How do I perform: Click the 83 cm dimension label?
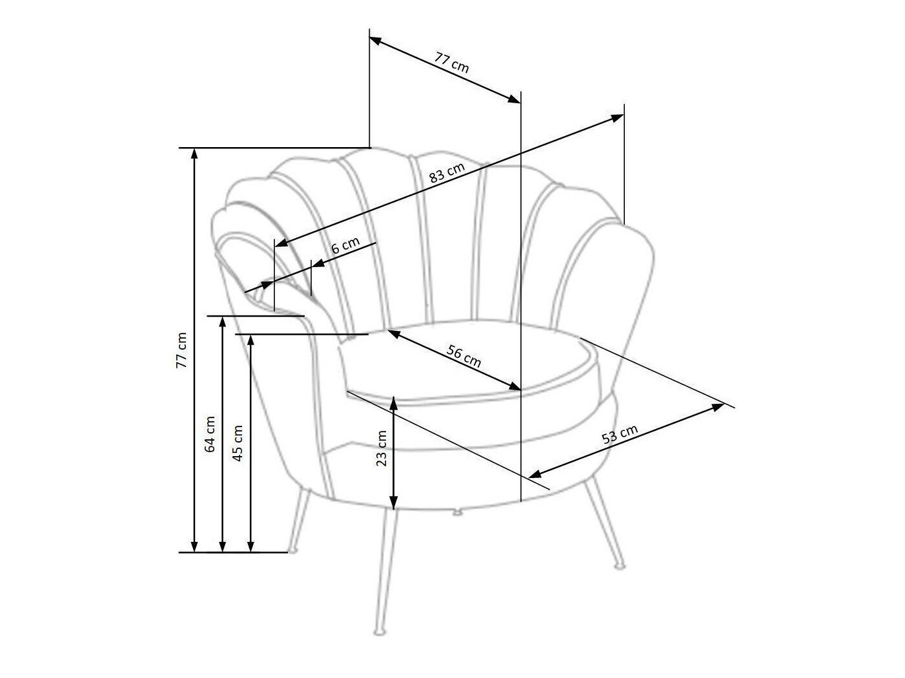click(447, 172)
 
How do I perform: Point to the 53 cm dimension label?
click(619, 434)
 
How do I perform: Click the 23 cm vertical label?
click(381, 448)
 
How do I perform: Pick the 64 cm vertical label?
click(210, 434)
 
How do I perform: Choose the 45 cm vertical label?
click(238, 443)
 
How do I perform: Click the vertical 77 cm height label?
click(181, 350)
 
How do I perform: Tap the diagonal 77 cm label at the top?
click(451, 63)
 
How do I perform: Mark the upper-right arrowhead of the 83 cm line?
click(617, 118)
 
